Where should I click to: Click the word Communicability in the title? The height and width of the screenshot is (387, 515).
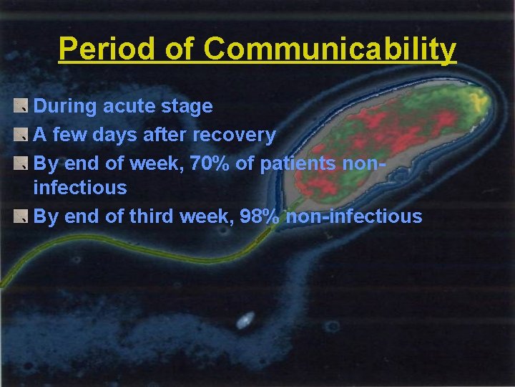tap(329, 49)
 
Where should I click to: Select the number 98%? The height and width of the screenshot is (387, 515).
tap(260, 216)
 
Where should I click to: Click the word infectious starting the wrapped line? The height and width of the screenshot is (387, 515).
tap(80, 188)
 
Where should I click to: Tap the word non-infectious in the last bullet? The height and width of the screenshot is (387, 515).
tap(354, 216)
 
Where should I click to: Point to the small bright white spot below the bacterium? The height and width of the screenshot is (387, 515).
tap(246, 320)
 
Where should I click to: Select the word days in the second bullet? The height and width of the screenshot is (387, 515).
tap(122, 134)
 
